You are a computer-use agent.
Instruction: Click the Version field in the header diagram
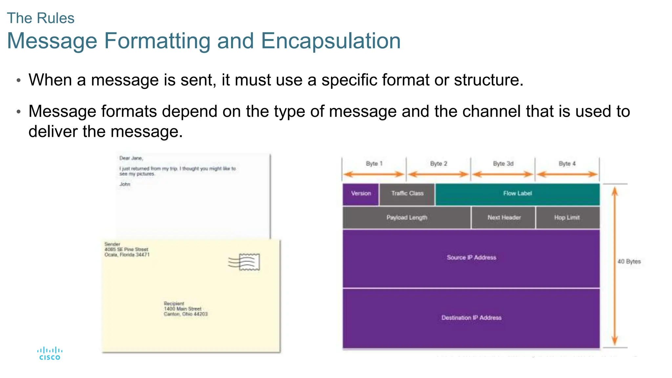pos(361,194)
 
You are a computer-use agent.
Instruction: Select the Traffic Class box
pos(407,194)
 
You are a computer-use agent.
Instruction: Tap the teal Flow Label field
pos(517,194)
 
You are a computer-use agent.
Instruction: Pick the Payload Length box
pos(407,218)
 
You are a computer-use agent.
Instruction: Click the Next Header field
pos(504,218)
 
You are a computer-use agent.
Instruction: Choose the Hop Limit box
pos(567,218)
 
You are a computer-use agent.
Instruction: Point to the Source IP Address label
pos(471,258)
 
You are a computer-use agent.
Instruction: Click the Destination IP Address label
pos(471,318)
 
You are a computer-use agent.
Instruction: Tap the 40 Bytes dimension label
pos(629,262)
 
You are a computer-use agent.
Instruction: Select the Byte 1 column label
pos(374,163)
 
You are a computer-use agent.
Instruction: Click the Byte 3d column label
pos(503,163)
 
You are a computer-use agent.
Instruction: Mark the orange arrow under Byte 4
pos(567,174)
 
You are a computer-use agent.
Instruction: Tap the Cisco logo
pos(50,354)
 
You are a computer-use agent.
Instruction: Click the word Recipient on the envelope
pos(174,304)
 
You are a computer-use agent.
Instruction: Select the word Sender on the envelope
pos(112,244)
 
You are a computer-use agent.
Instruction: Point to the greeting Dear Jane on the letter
pos(131,158)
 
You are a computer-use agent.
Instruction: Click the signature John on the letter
pos(125,184)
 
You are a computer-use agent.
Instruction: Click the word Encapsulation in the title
pos(330,41)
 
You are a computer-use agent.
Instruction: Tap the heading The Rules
pos(41,18)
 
